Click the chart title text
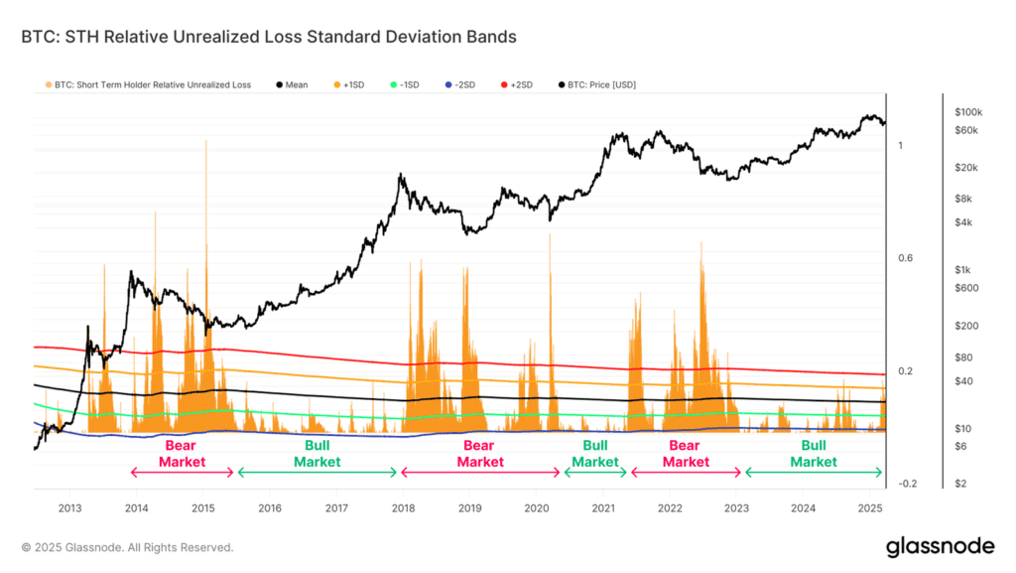(x=269, y=38)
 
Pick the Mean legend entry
(x=293, y=84)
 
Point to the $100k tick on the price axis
(x=967, y=111)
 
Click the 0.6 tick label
(x=906, y=258)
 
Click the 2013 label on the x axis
(x=69, y=508)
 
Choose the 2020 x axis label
(x=537, y=508)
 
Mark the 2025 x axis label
(x=870, y=508)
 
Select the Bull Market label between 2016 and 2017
(x=317, y=454)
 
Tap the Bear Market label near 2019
(x=478, y=454)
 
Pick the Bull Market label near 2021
(x=594, y=454)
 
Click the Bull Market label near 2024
(x=814, y=454)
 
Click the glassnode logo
(x=938, y=545)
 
